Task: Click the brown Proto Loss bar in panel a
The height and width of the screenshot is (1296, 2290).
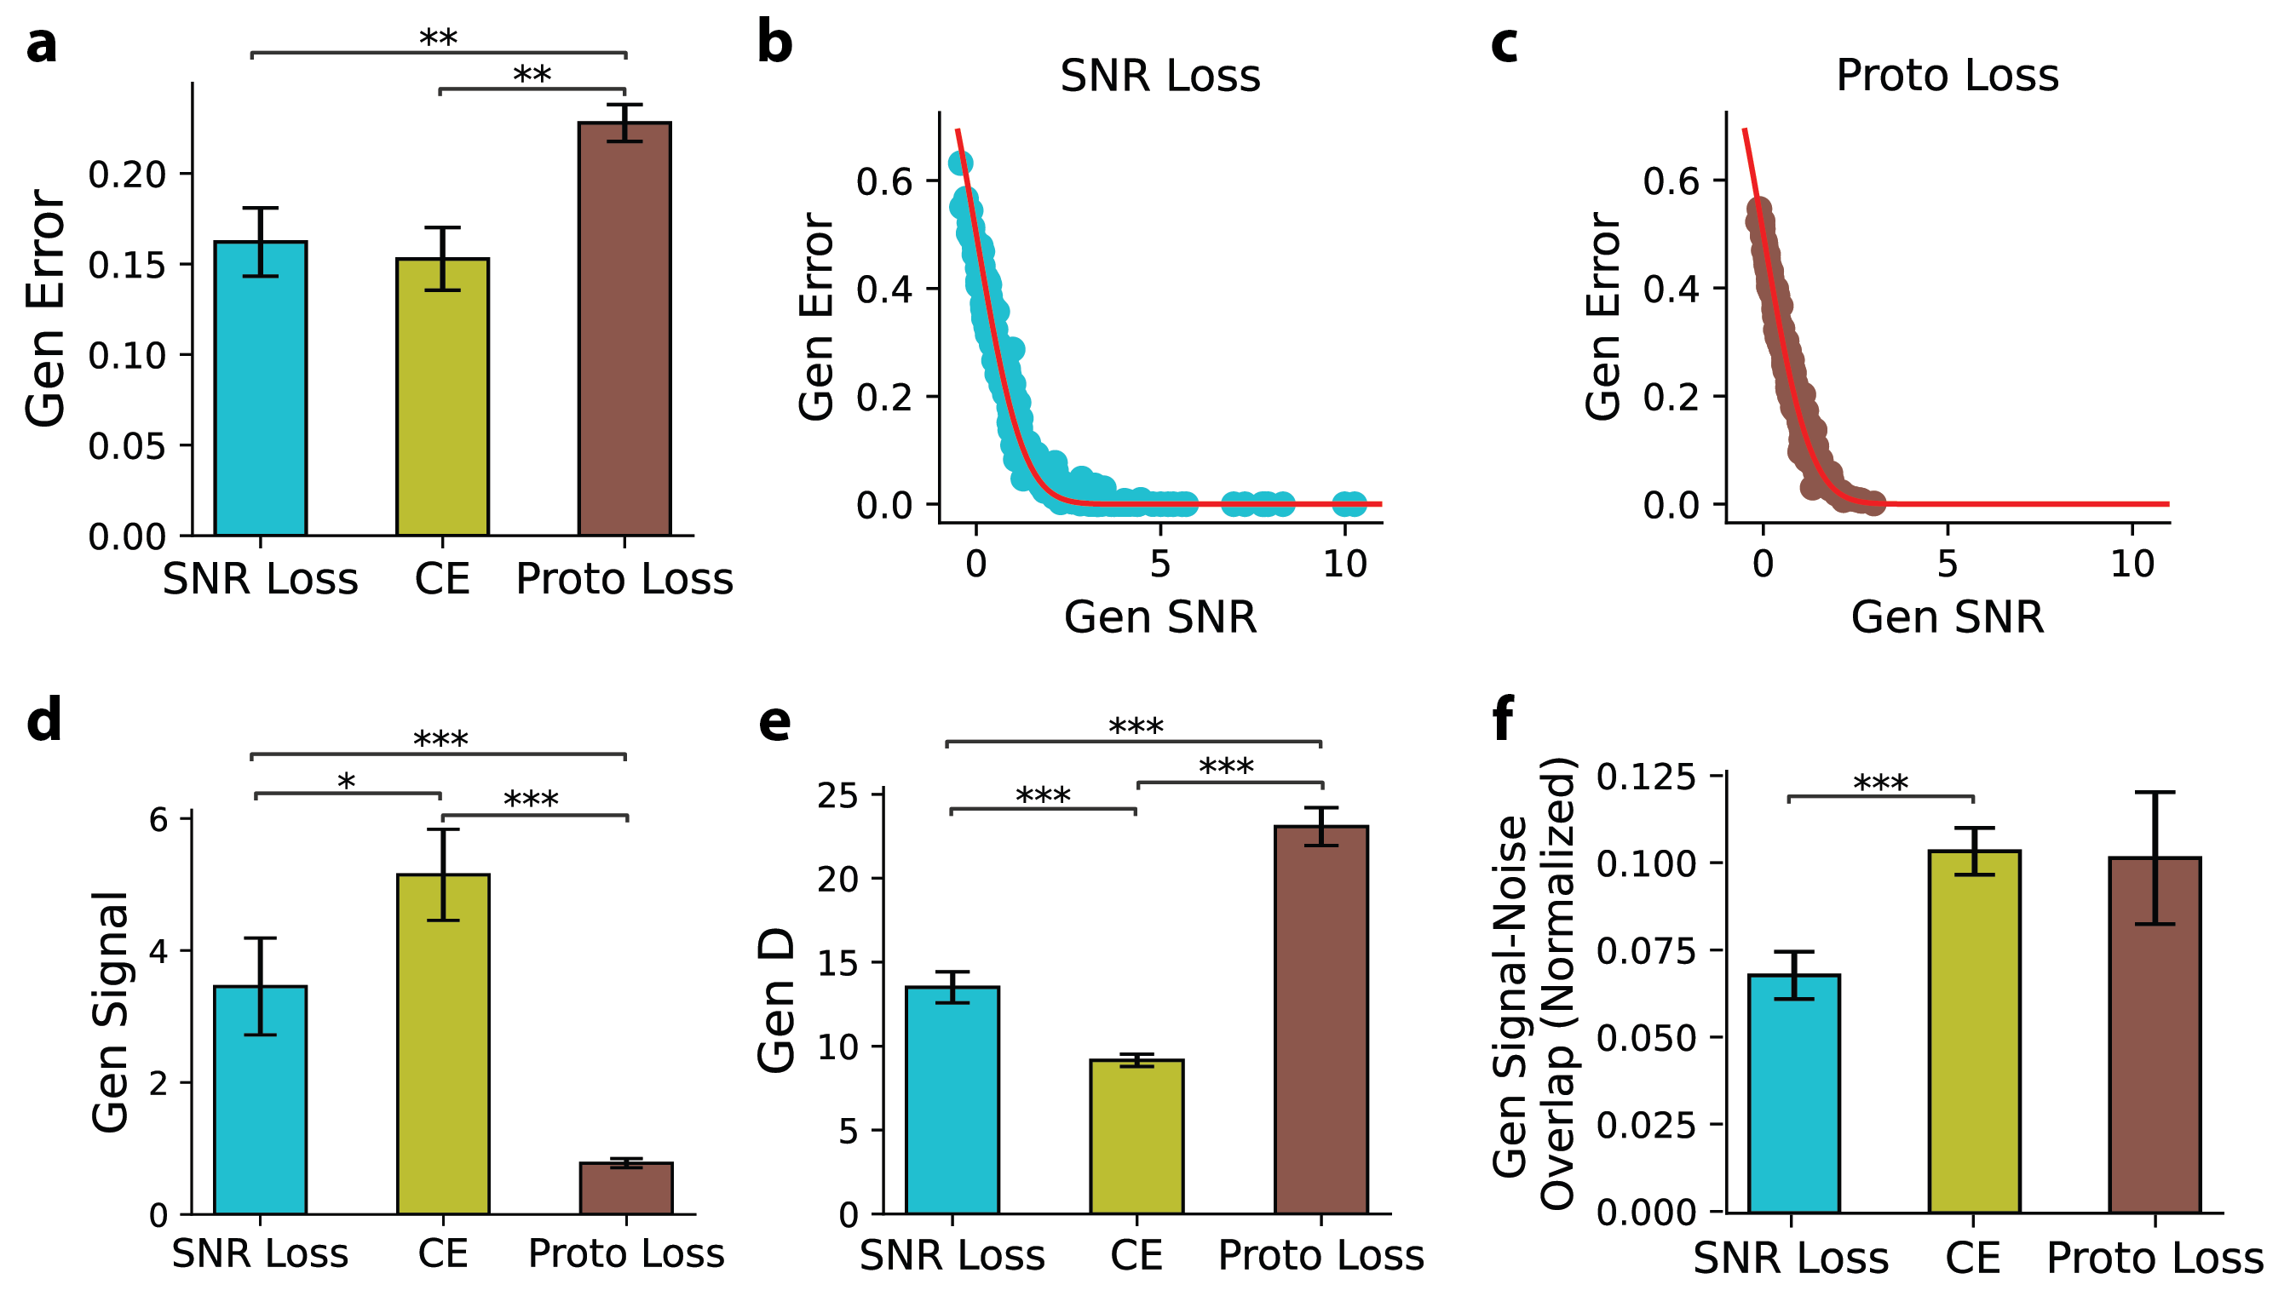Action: point(624,329)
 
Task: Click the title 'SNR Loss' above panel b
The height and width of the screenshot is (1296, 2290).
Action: point(1159,76)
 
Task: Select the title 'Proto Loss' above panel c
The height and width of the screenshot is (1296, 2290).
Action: point(1947,76)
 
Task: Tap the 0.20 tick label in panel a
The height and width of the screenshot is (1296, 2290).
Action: point(127,175)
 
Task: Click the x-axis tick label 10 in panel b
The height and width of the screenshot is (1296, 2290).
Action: point(1344,564)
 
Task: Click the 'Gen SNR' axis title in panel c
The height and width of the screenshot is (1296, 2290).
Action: point(1947,616)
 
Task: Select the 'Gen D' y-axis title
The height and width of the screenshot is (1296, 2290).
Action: point(776,1000)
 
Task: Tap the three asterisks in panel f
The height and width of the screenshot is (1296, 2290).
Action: point(1879,784)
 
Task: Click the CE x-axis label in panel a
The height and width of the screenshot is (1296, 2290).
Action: point(441,580)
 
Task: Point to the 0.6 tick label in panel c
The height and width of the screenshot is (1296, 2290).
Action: point(1671,181)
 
